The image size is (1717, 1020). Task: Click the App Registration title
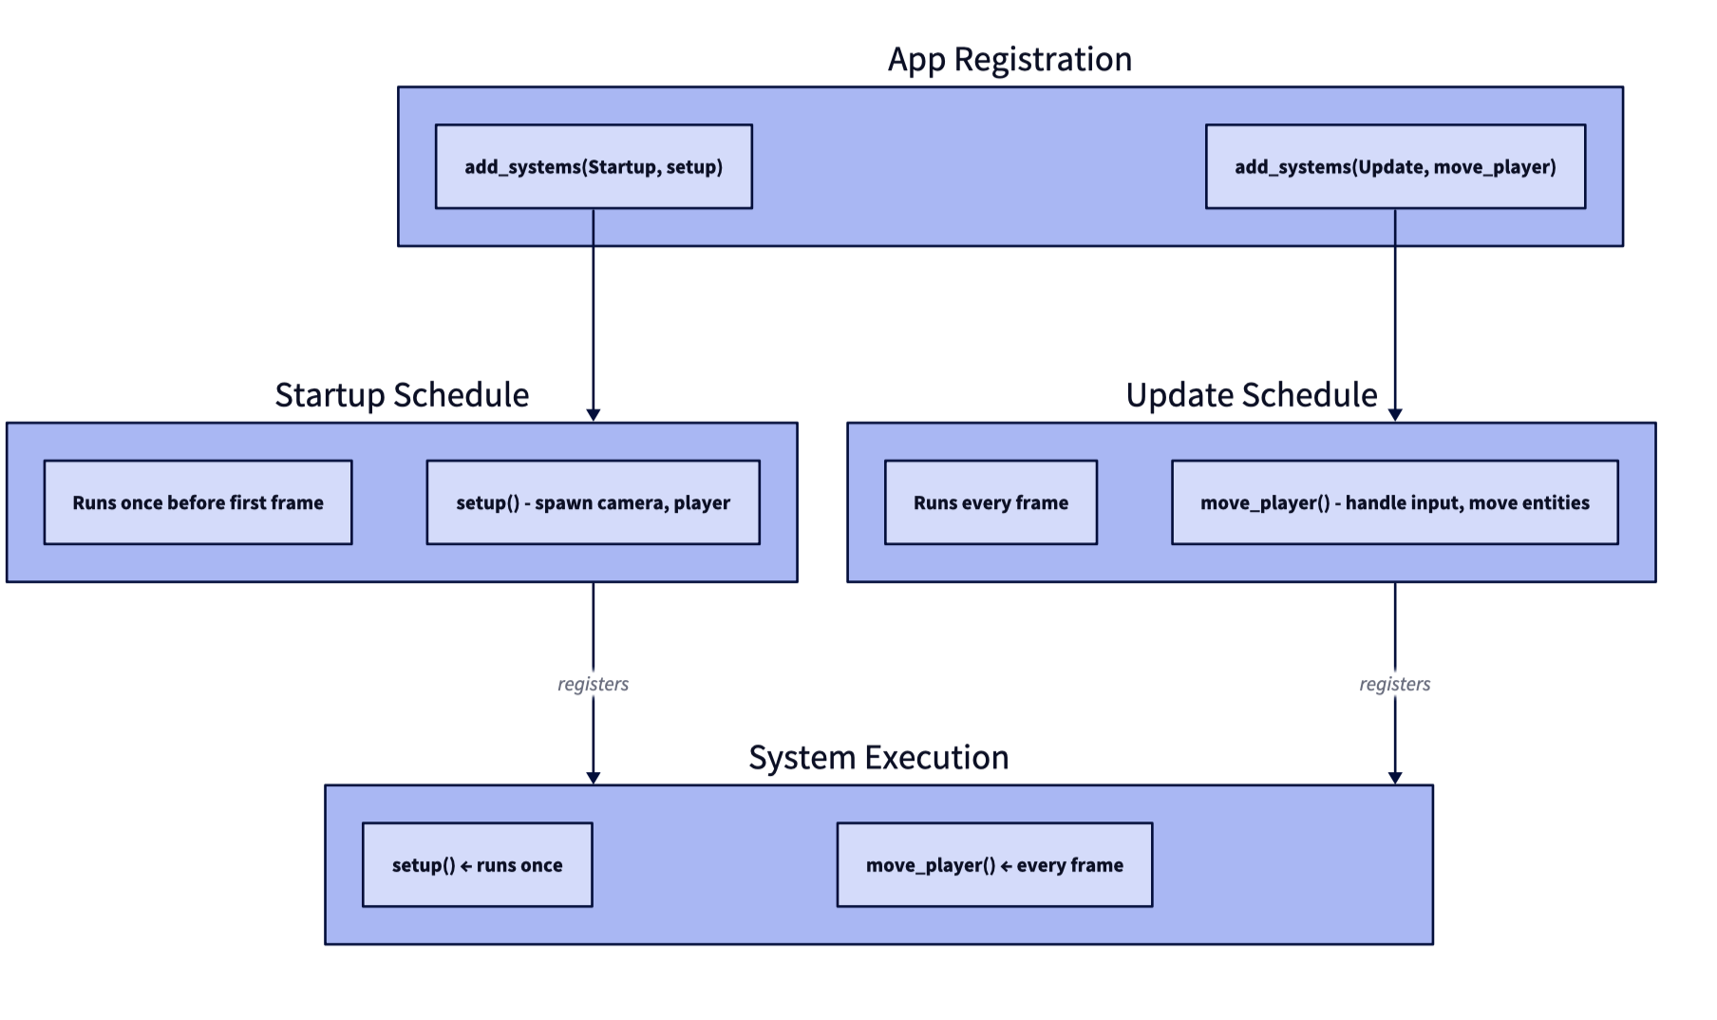1009,59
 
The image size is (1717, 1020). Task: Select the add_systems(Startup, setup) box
594,166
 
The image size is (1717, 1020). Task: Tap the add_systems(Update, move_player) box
1395,166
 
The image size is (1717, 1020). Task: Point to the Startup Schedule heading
402,395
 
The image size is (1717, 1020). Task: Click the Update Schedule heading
1252,395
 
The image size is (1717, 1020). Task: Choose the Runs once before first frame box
198,502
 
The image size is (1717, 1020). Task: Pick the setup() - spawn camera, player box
593,502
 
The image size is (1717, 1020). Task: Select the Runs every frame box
991,502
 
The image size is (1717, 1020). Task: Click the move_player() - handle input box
1394,502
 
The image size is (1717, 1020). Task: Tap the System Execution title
878,758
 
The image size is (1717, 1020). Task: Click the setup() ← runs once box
477,864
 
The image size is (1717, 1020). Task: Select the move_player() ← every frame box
994,864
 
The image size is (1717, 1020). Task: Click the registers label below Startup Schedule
593,684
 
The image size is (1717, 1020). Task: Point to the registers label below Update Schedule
1394,684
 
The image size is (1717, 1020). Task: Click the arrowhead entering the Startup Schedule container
594,415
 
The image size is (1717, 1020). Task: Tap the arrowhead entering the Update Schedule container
1395,415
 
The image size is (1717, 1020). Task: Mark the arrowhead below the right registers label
1395,778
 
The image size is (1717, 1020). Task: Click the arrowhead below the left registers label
594,778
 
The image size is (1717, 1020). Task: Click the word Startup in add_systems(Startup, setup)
622,167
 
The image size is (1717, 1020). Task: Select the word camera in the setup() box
634,503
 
